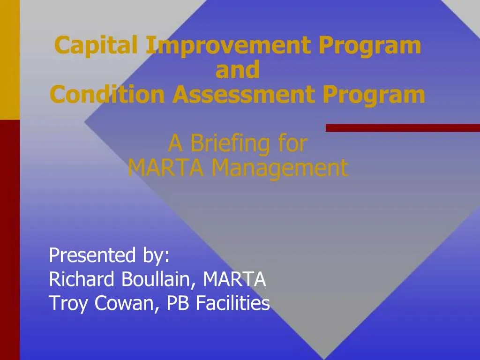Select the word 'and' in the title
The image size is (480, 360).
237,70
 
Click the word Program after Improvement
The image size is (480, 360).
370,46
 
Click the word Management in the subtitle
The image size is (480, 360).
280,168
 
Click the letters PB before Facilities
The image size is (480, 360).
178,304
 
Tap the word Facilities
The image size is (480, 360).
232,304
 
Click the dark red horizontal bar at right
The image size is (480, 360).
403,127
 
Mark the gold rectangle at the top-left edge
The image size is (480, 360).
9,59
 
